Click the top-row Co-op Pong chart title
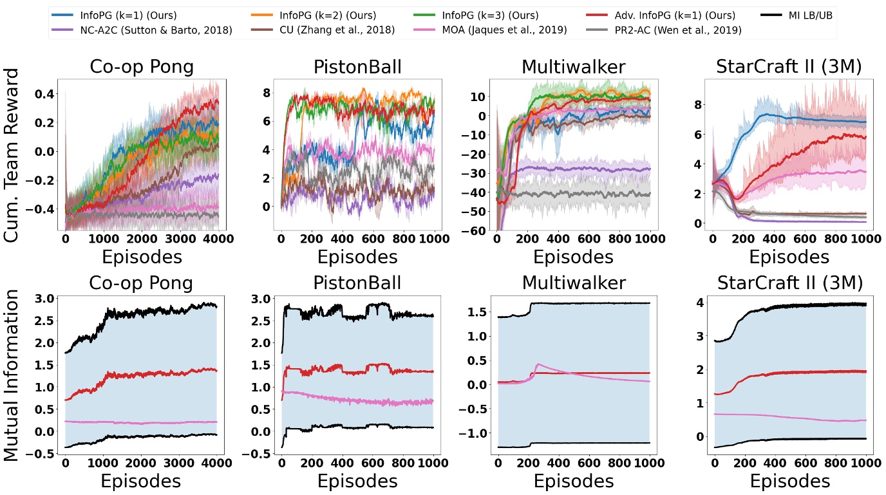pos(142,66)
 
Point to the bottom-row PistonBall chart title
pos(357,283)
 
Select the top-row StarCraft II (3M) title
pos(789,66)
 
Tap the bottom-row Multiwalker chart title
pos(572,283)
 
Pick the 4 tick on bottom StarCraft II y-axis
pos(695,303)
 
